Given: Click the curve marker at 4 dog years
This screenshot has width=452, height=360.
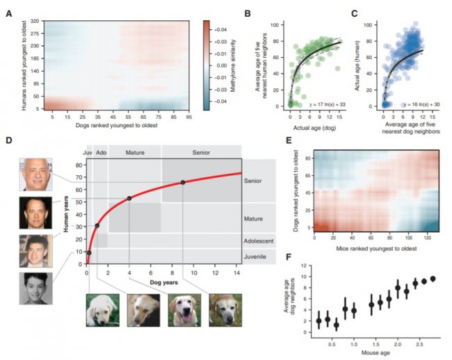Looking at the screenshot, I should coord(129,198).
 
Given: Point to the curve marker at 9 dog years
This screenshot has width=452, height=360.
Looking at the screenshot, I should coord(183,183).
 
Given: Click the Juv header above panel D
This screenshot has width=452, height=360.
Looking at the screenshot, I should coord(88,151).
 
